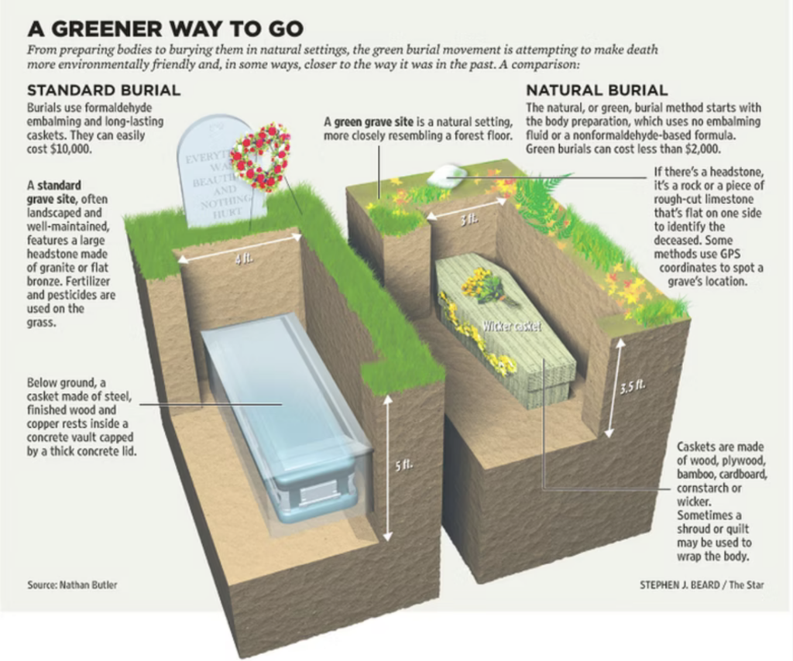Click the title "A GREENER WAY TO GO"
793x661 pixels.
(x=166, y=29)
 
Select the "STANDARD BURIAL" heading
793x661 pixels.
(x=104, y=91)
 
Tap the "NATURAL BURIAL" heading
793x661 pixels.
(x=597, y=91)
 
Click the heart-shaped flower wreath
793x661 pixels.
(x=260, y=157)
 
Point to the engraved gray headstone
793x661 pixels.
(x=218, y=172)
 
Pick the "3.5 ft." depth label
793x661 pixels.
(x=632, y=388)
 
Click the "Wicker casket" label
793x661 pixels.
(x=511, y=327)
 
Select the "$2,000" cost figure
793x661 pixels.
(x=702, y=149)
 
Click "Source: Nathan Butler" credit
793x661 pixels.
(x=72, y=584)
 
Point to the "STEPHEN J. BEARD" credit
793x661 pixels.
(x=680, y=584)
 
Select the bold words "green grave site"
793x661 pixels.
(x=373, y=122)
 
